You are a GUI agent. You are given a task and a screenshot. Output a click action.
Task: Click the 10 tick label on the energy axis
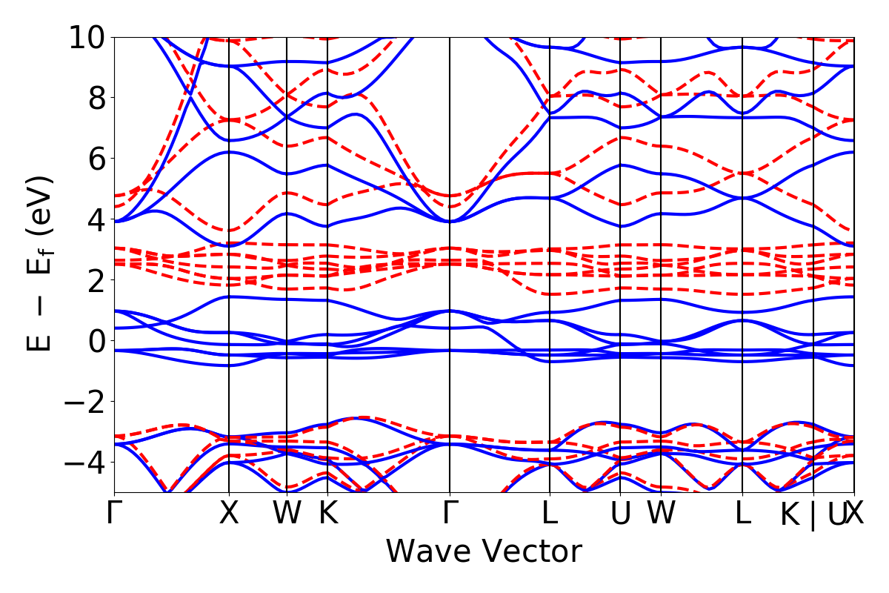tap(88, 37)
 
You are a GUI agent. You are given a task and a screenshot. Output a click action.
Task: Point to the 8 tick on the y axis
tap(97, 98)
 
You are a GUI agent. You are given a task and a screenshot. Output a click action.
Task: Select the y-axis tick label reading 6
tap(97, 159)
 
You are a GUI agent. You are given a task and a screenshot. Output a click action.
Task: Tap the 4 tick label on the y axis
tap(97, 219)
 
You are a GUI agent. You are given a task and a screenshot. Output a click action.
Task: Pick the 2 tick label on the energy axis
tap(97, 280)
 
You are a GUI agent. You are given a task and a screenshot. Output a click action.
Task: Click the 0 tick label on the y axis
tap(97, 341)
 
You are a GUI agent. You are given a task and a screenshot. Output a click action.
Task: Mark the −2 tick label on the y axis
tap(88, 402)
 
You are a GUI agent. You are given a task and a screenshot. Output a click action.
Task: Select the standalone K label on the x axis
tap(327, 514)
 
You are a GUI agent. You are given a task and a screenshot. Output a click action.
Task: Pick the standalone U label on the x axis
tap(620, 514)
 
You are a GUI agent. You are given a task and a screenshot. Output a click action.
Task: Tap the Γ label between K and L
tap(450, 514)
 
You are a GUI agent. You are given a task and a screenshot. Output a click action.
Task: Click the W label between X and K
tap(287, 514)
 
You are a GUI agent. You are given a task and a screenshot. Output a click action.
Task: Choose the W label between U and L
tap(661, 514)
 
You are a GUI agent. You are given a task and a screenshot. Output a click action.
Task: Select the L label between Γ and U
tap(550, 514)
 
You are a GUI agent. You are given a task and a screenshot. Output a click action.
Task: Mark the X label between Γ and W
tap(229, 514)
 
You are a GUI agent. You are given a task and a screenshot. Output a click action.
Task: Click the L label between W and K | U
tap(742, 514)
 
